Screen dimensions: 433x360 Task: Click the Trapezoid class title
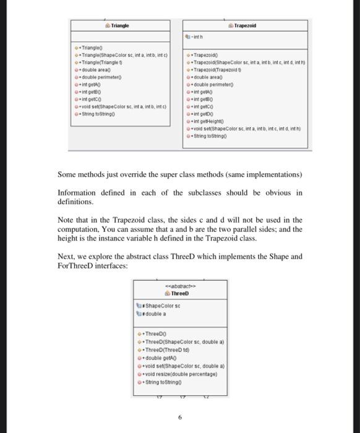(x=246, y=26)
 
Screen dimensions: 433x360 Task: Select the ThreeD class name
(x=179, y=293)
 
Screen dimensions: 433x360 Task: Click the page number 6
(x=179, y=418)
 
